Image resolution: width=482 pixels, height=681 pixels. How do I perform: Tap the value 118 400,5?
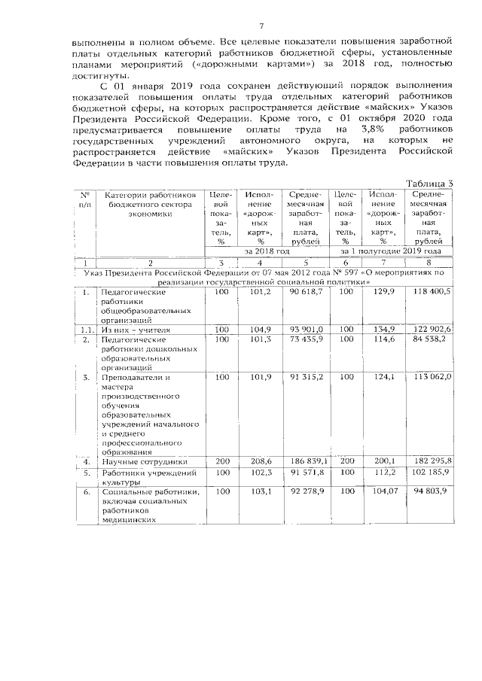429,291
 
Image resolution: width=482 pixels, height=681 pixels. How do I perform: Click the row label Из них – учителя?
136,330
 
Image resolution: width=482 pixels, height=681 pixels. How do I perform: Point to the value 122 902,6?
429,330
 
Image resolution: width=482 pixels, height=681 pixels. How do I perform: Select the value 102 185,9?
429,473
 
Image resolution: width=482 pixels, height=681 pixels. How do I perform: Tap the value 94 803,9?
429,491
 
